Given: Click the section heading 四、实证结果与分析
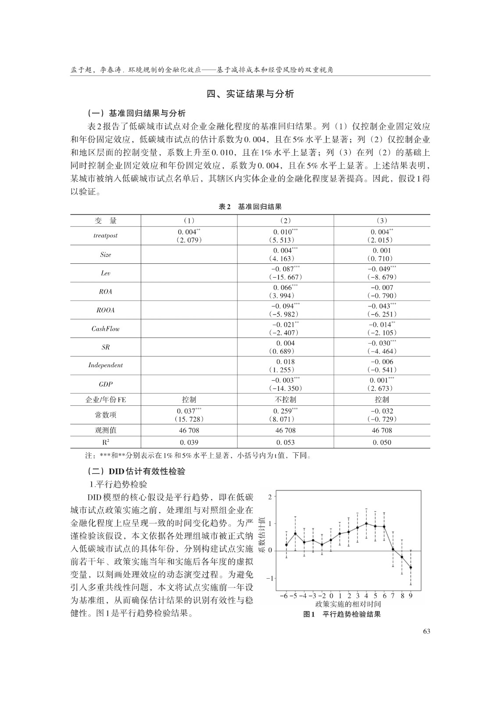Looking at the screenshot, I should [x=250, y=94].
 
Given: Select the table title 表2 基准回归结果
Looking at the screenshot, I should [x=250, y=207].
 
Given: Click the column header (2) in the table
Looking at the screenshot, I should [x=285, y=221].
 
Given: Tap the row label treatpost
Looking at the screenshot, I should [x=106, y=236].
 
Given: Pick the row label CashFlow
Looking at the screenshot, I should [x=106, y=329].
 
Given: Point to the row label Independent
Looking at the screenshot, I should [x=106, y=365].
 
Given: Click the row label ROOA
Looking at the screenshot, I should [x=106, y=310].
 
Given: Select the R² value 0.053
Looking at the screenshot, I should [x=285, y=442].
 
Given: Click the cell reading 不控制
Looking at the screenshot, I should [x=285, y=400].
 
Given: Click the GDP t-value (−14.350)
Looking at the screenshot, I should [x=285, y=388].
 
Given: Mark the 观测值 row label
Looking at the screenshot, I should [x=106, y=430].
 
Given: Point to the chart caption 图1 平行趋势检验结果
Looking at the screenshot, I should [x=342, y=614].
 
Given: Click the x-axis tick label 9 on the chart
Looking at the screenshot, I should [x=411, y=596].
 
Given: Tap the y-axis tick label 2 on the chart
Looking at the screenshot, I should [x=270, y=496].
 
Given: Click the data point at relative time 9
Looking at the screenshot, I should [x=411, y=567].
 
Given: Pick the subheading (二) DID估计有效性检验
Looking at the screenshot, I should [x=136, y=472].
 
